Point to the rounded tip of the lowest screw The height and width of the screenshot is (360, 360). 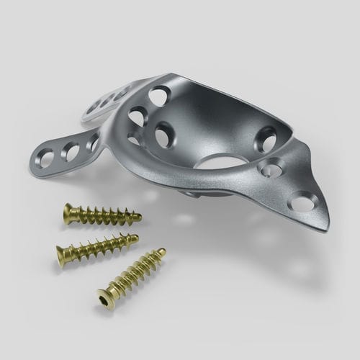click(162, 251)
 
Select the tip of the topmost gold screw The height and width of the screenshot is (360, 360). click(138, 216)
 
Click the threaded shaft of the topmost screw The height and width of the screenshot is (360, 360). click(104, 215)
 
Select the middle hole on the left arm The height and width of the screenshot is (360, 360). click(71, 150)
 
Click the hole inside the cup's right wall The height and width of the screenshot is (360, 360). click(266, 138)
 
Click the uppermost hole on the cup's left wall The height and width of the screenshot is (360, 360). click(159, 94)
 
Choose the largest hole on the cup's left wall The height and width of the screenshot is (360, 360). click(164, 134)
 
